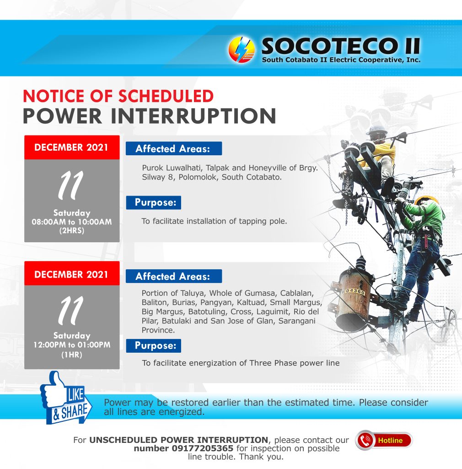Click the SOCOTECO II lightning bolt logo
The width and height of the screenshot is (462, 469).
tap(242, 49)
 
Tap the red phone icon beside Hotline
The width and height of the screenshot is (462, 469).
tap(365, 441)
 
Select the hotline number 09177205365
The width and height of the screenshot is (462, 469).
tap(203, 448)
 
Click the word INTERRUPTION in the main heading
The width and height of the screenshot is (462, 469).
tap(193, 116)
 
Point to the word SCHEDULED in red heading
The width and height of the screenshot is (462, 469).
tap(166, 96)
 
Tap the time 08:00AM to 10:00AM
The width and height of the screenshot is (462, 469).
tap(72, 222)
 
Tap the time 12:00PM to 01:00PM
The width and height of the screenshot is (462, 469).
tap(72, 345)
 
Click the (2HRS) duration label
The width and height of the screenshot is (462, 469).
tap(72, 231)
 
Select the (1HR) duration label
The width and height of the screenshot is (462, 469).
tap(72, 355)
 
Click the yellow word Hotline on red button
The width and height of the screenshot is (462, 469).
tap(390, 441)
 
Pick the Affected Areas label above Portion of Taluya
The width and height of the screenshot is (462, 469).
tap(174, 276)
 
